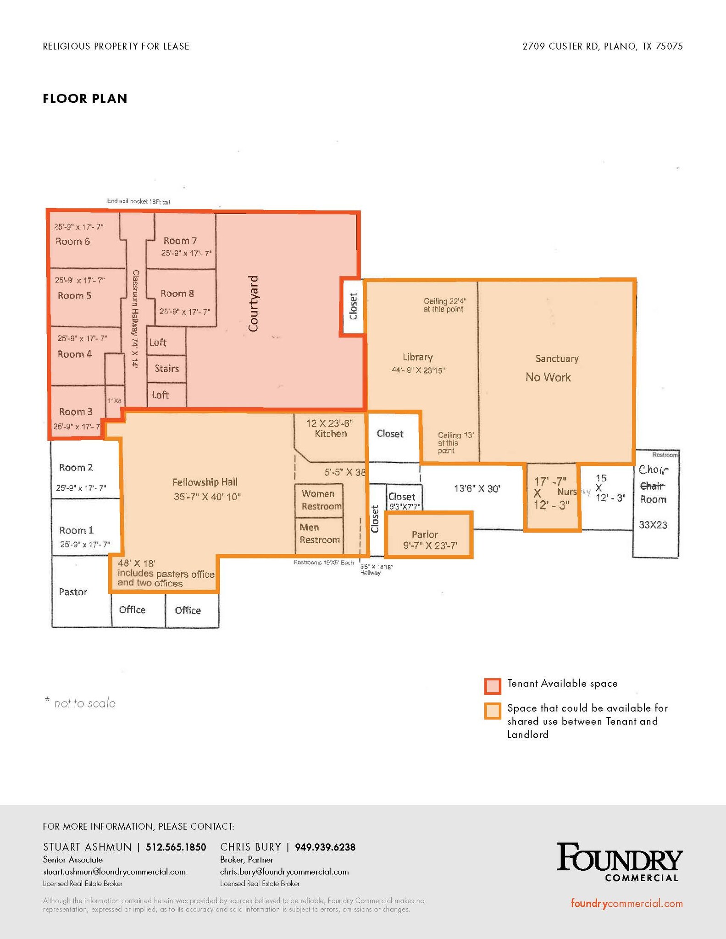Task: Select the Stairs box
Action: click(x=166, y=369)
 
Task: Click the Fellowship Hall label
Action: click(x=205, y=482)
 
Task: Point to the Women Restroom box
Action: click(x=319, y=500)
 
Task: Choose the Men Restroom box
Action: click(x=319, y=534)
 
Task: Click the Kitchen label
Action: click(x=331, y=434)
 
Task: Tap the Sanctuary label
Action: click(x=557, y=359)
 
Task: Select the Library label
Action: click(x=417, y=357)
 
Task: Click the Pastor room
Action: click(x=73, y=592)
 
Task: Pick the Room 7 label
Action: click(x=180, y=241)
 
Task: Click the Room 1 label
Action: click(x=76, y=530)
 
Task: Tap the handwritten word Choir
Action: click(x=654, y=470)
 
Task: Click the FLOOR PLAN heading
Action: click(x=85, y=99)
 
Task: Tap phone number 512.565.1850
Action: click(x=176, y=847)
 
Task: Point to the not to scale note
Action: click(x=81, y=703)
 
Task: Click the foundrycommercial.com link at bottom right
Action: click(x=626, y=904)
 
